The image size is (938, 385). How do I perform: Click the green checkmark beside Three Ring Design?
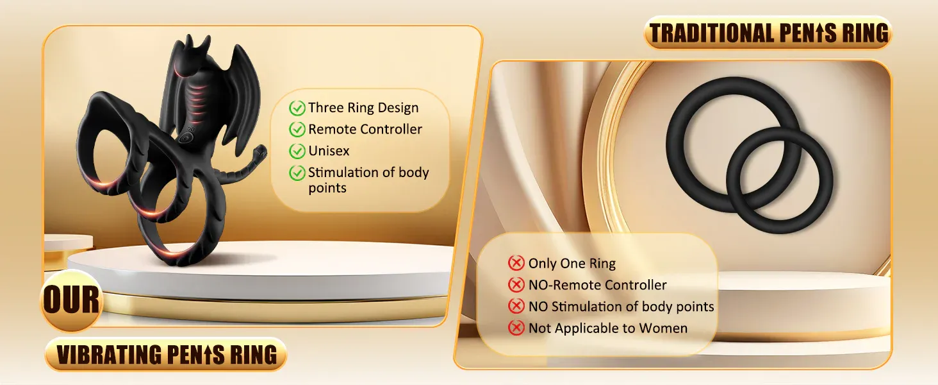297,108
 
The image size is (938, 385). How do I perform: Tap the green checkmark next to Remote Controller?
297,130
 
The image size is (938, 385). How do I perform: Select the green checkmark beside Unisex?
297,151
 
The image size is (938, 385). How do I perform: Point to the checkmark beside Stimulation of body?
297,173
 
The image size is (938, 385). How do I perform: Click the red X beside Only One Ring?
516,263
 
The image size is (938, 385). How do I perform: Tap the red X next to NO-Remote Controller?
516,285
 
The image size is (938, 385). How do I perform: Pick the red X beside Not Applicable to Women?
516,327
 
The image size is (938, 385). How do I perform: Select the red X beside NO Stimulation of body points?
516,306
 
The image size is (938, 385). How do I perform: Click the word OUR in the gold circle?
71,300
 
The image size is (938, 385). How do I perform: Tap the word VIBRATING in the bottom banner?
110,355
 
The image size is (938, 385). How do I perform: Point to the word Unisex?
329,151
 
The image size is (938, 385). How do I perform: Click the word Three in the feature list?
327,107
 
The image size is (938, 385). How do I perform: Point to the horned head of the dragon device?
193,54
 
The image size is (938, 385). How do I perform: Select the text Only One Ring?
572,263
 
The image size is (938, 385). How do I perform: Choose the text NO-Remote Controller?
598,285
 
